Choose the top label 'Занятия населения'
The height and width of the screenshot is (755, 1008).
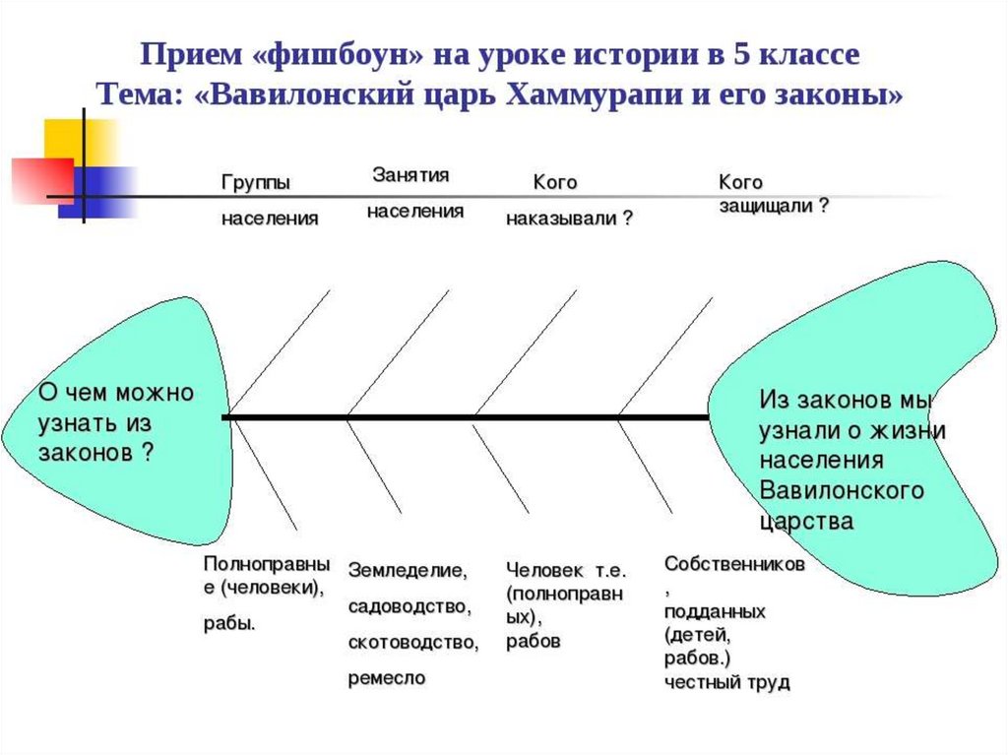415,193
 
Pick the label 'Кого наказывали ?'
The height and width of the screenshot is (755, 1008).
569,201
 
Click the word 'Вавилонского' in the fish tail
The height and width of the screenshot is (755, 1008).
841,490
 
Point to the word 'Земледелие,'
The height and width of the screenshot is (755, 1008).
408,570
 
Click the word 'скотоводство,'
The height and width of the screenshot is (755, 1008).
413,643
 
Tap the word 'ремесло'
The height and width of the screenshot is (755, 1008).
387,678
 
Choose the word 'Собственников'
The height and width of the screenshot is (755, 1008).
734,564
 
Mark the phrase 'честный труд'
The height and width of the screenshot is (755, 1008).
726,682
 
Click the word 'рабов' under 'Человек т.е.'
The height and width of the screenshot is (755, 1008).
534,641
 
